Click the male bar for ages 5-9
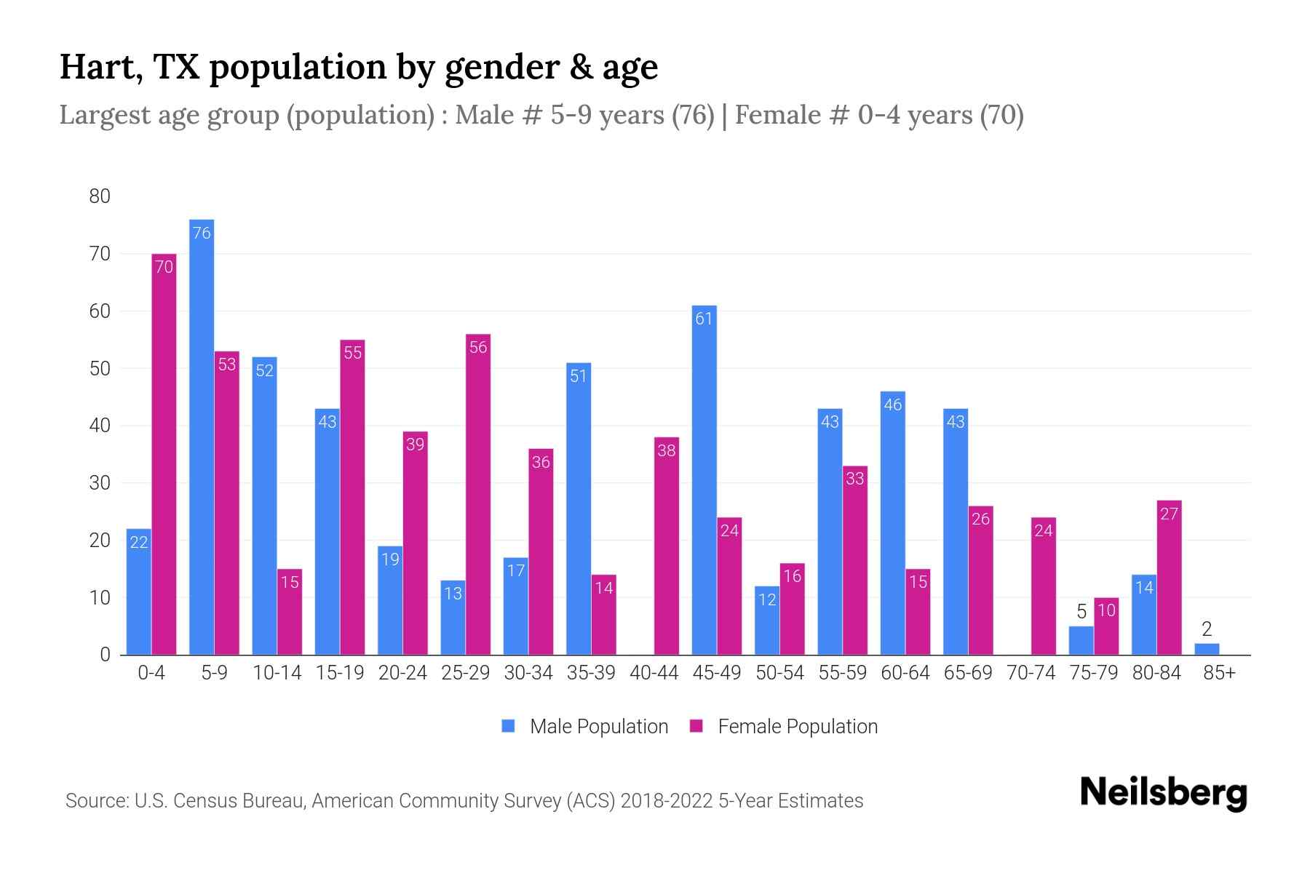point(202,436)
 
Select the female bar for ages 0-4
point(164,455)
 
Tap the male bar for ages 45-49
point(704,480)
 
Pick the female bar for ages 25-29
point(477,495)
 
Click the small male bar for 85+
point(1207,649)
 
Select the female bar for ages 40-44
point(667,546)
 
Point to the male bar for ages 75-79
point(1081,641)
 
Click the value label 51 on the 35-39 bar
point(579,376)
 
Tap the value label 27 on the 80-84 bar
point(1169,514)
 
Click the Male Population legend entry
point(585,726)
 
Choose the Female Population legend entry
point(784,726)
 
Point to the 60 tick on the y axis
point(100,311)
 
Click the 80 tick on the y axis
point(100,196)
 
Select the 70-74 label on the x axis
point(1031,673)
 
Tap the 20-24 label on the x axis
point(402,673)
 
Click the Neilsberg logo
point(1163,793)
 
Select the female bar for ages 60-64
point(918,612)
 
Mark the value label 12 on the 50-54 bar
point(767,599)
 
